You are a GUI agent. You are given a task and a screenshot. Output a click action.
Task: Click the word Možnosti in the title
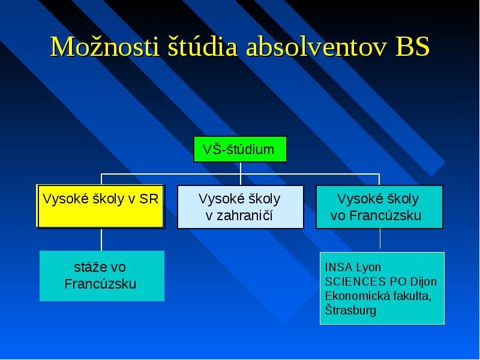tap(104, 47)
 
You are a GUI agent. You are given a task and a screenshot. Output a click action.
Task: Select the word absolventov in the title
tap(316, 47)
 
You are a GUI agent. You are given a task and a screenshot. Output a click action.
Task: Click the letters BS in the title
tap(413, 47)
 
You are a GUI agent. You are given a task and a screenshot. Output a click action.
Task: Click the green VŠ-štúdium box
tap(241, 149)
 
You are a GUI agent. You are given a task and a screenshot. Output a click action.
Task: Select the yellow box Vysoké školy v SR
tap(101, 206)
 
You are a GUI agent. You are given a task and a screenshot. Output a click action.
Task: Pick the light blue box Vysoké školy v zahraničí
tap(241, 206)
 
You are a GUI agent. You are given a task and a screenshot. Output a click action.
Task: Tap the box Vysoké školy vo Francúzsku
tap(379, 206)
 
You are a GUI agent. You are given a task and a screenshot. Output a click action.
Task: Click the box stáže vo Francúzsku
tap(102, 276)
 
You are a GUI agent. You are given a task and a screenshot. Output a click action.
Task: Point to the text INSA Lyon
tap(353, 267)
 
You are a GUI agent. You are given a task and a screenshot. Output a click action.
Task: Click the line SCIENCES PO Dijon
tap(381, 281)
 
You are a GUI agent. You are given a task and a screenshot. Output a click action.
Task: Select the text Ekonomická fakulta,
tap(379, 296)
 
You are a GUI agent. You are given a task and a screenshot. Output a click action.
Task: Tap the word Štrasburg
tap(350, 310)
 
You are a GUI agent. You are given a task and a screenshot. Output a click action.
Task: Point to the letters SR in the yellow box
tap(149, 199)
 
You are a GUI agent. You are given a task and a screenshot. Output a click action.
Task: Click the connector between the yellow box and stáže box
tap(101, 239)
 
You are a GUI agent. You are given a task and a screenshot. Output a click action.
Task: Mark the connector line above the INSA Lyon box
tap(380, 238)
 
